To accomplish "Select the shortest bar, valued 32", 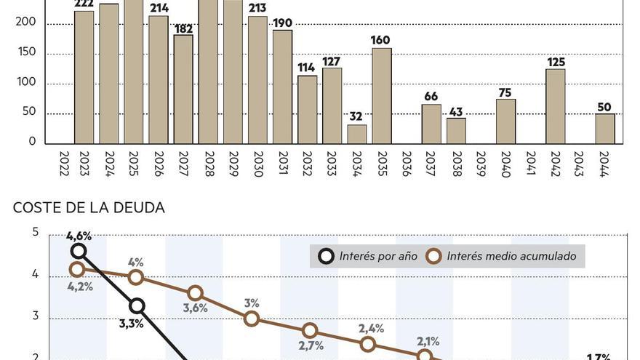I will pos(357,135).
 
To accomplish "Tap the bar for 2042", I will pos(556,106).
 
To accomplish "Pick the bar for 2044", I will pos(605,129).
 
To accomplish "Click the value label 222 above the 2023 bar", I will pos(84,5).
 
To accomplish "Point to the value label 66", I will pos(431,97).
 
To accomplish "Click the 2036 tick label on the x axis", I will pos(407,164).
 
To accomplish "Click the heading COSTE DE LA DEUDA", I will pos(89,208).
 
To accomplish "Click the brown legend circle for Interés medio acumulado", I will pos(434,256).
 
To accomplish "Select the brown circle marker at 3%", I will pos(252,318).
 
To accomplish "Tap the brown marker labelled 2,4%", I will pos(367,344).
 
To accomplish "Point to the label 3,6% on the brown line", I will pos(194,308).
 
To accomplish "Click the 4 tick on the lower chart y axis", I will pos(35,275).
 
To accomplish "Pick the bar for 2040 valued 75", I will pos(506,121).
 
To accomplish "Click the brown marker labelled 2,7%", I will pos(310,331).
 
